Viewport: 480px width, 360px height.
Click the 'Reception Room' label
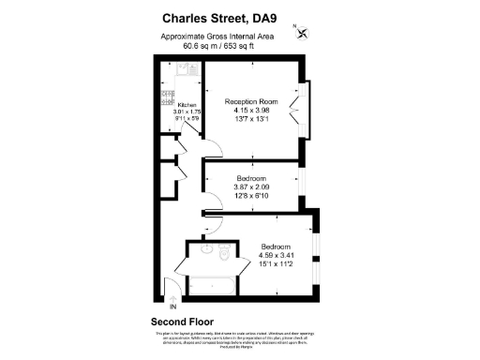(x=251, y=101)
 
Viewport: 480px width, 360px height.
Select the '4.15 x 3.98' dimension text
(x=251, y=111)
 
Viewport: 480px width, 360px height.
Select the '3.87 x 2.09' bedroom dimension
(x=251, y=187)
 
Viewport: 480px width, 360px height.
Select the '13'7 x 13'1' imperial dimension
(x=251, y=119)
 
